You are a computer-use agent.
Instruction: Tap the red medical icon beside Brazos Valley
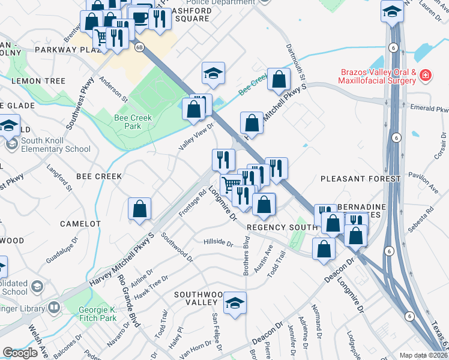(425, 76)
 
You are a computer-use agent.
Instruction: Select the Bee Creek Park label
(127, 122)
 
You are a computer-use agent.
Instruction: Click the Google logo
(20, 353)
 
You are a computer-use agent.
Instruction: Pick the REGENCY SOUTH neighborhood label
(282, 227)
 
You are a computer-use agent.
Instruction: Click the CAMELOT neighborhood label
(80, 223)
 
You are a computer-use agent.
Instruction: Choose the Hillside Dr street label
(218, 242)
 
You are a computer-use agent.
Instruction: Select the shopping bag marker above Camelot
(139, 209)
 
